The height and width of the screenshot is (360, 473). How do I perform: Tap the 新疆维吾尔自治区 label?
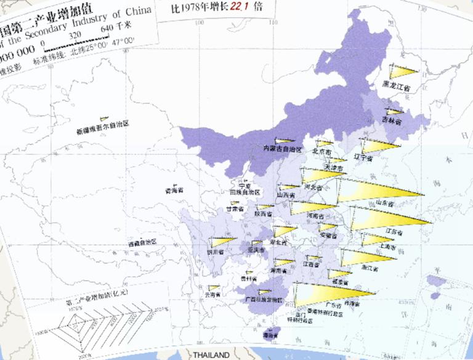click(x=102, y=131)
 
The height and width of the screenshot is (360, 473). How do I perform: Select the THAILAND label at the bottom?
click(x=211, y=355)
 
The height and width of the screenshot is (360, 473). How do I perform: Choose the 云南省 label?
click(x=213, y=295)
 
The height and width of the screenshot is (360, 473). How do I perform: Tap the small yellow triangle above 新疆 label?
click(x=105, y=119)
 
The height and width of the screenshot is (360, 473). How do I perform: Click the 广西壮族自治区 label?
click(x=264, y=300)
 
